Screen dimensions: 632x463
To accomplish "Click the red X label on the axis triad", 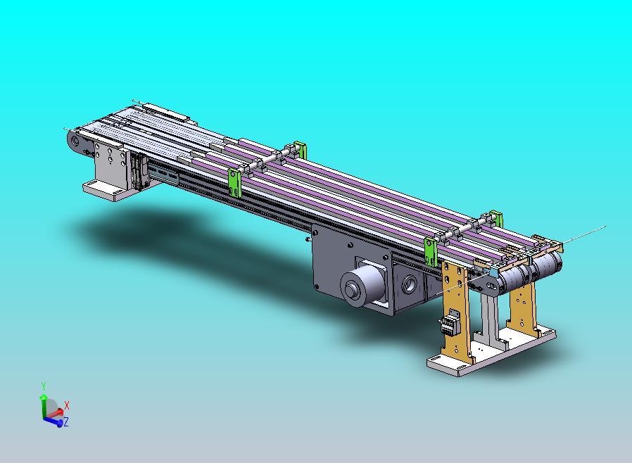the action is tap(67, 405).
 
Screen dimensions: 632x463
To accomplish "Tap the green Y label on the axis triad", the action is tap(44, 386).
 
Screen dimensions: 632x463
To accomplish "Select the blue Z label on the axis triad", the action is tap(66, 422).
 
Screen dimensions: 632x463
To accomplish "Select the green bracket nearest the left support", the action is tap(234, 182).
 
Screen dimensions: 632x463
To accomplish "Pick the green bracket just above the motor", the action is tap(431, 252).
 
